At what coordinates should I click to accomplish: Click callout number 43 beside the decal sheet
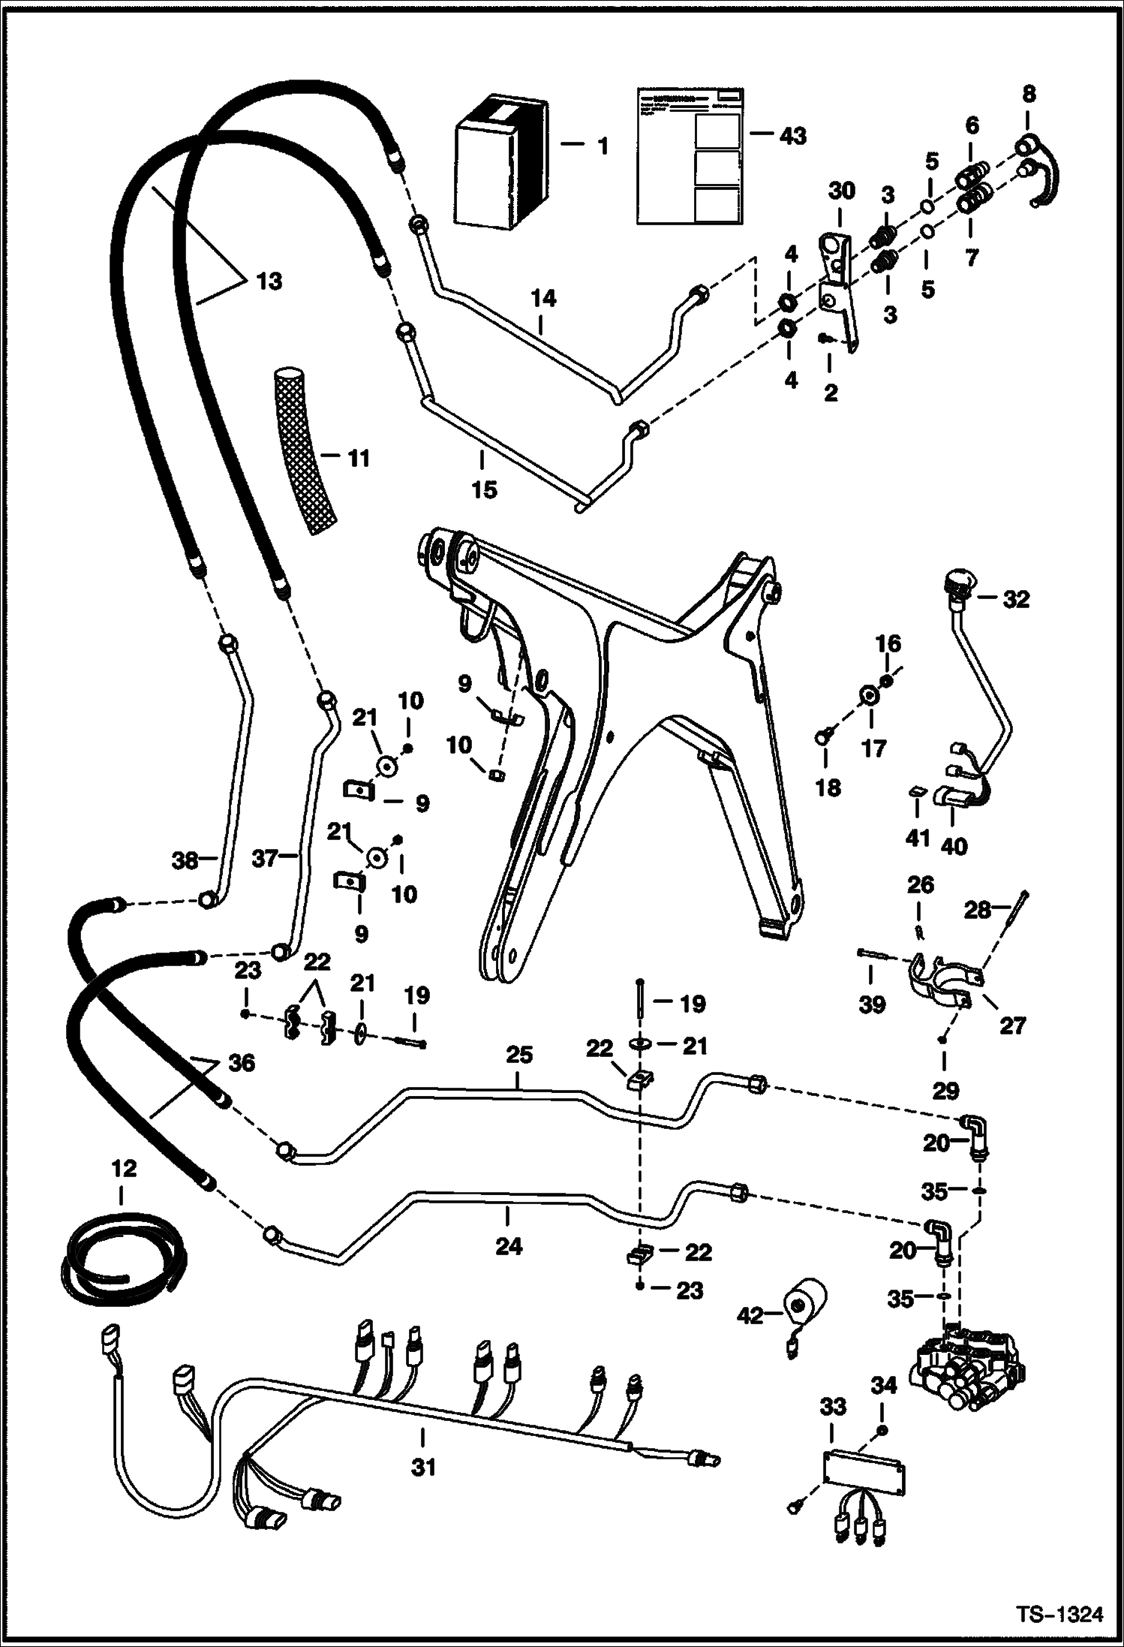tap(792, 136)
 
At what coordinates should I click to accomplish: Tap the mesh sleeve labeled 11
tap(304, 450)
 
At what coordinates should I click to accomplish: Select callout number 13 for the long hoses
tap(269, 282)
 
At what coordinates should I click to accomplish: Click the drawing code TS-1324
tap(1059, 1609)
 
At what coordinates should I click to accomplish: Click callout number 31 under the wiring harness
tap(424, 1466)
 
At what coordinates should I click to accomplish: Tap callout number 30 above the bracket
tap(841, 191)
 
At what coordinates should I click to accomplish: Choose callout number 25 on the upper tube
tap(518, 1055)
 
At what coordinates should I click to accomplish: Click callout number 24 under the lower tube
tap(508, 1247)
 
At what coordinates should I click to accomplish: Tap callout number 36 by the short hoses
tap(242, 1063)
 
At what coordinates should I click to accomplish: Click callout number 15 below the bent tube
tap(484, 489)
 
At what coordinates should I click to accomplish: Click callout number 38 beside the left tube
tap(185, 860)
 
